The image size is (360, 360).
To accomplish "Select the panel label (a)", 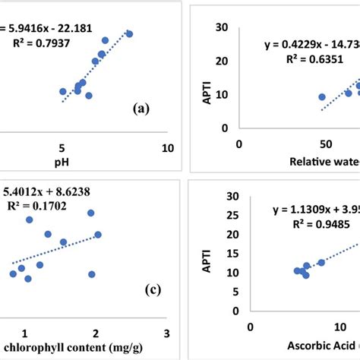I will [x=141, y=109].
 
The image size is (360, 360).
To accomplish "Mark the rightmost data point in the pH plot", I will [x=129, y=34].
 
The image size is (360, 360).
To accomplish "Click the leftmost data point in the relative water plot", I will [x=322, y=97].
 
